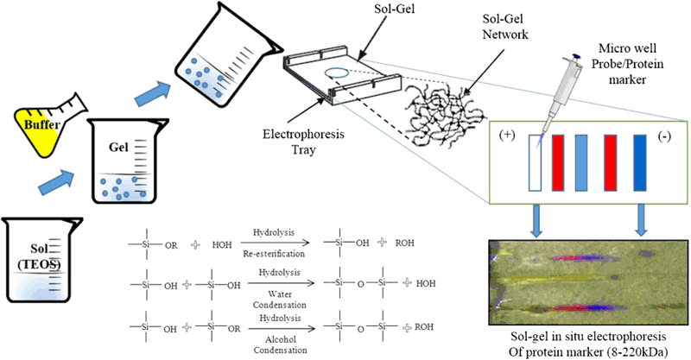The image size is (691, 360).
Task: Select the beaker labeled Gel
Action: tap(129, 168)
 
